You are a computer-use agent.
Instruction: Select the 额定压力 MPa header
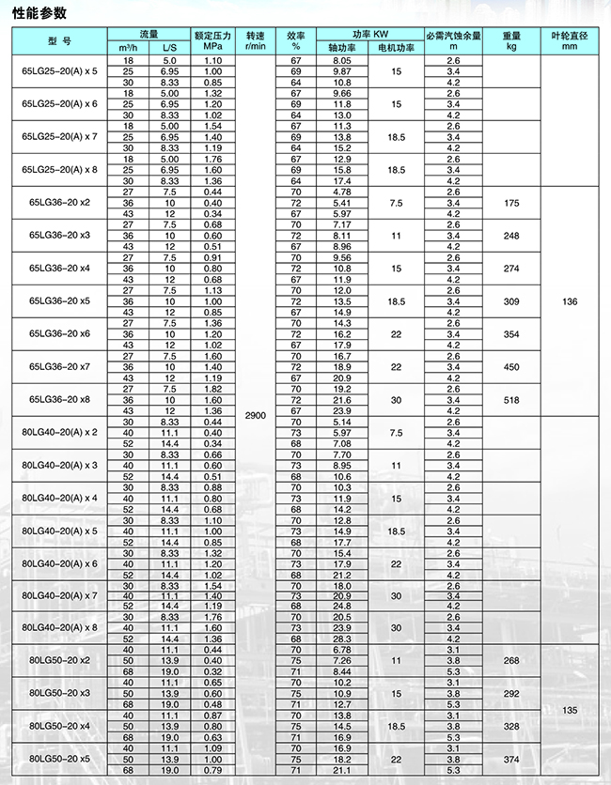click(x=213, y=40)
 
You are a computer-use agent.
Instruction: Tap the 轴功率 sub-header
click(x=341, y=47)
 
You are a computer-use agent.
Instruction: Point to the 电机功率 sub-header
click(x=396, y=47)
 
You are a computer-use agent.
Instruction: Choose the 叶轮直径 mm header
click(x=570, y=40)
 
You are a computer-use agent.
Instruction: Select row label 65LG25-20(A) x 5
click(x=59, y=71)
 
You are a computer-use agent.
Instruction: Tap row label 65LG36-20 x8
click(x=59, y=399)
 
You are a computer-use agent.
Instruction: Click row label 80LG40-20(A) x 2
click(x=59, y=432)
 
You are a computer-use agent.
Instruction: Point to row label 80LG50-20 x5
click(x=59, y=759)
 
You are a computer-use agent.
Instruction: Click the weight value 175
click(x=511, y=203)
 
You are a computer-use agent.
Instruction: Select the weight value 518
click(x=511, y=399)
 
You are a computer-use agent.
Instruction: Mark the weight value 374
click(x=511, y=759)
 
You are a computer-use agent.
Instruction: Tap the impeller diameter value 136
click(x=570, y=300)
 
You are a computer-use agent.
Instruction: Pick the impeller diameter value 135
click(x=570, y=711)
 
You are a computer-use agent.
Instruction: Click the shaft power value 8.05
click(x=341, y=60)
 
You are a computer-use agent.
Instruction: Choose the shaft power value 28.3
click(x=341, y=638)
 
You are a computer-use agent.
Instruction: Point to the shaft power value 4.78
click(x=341, y=192)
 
